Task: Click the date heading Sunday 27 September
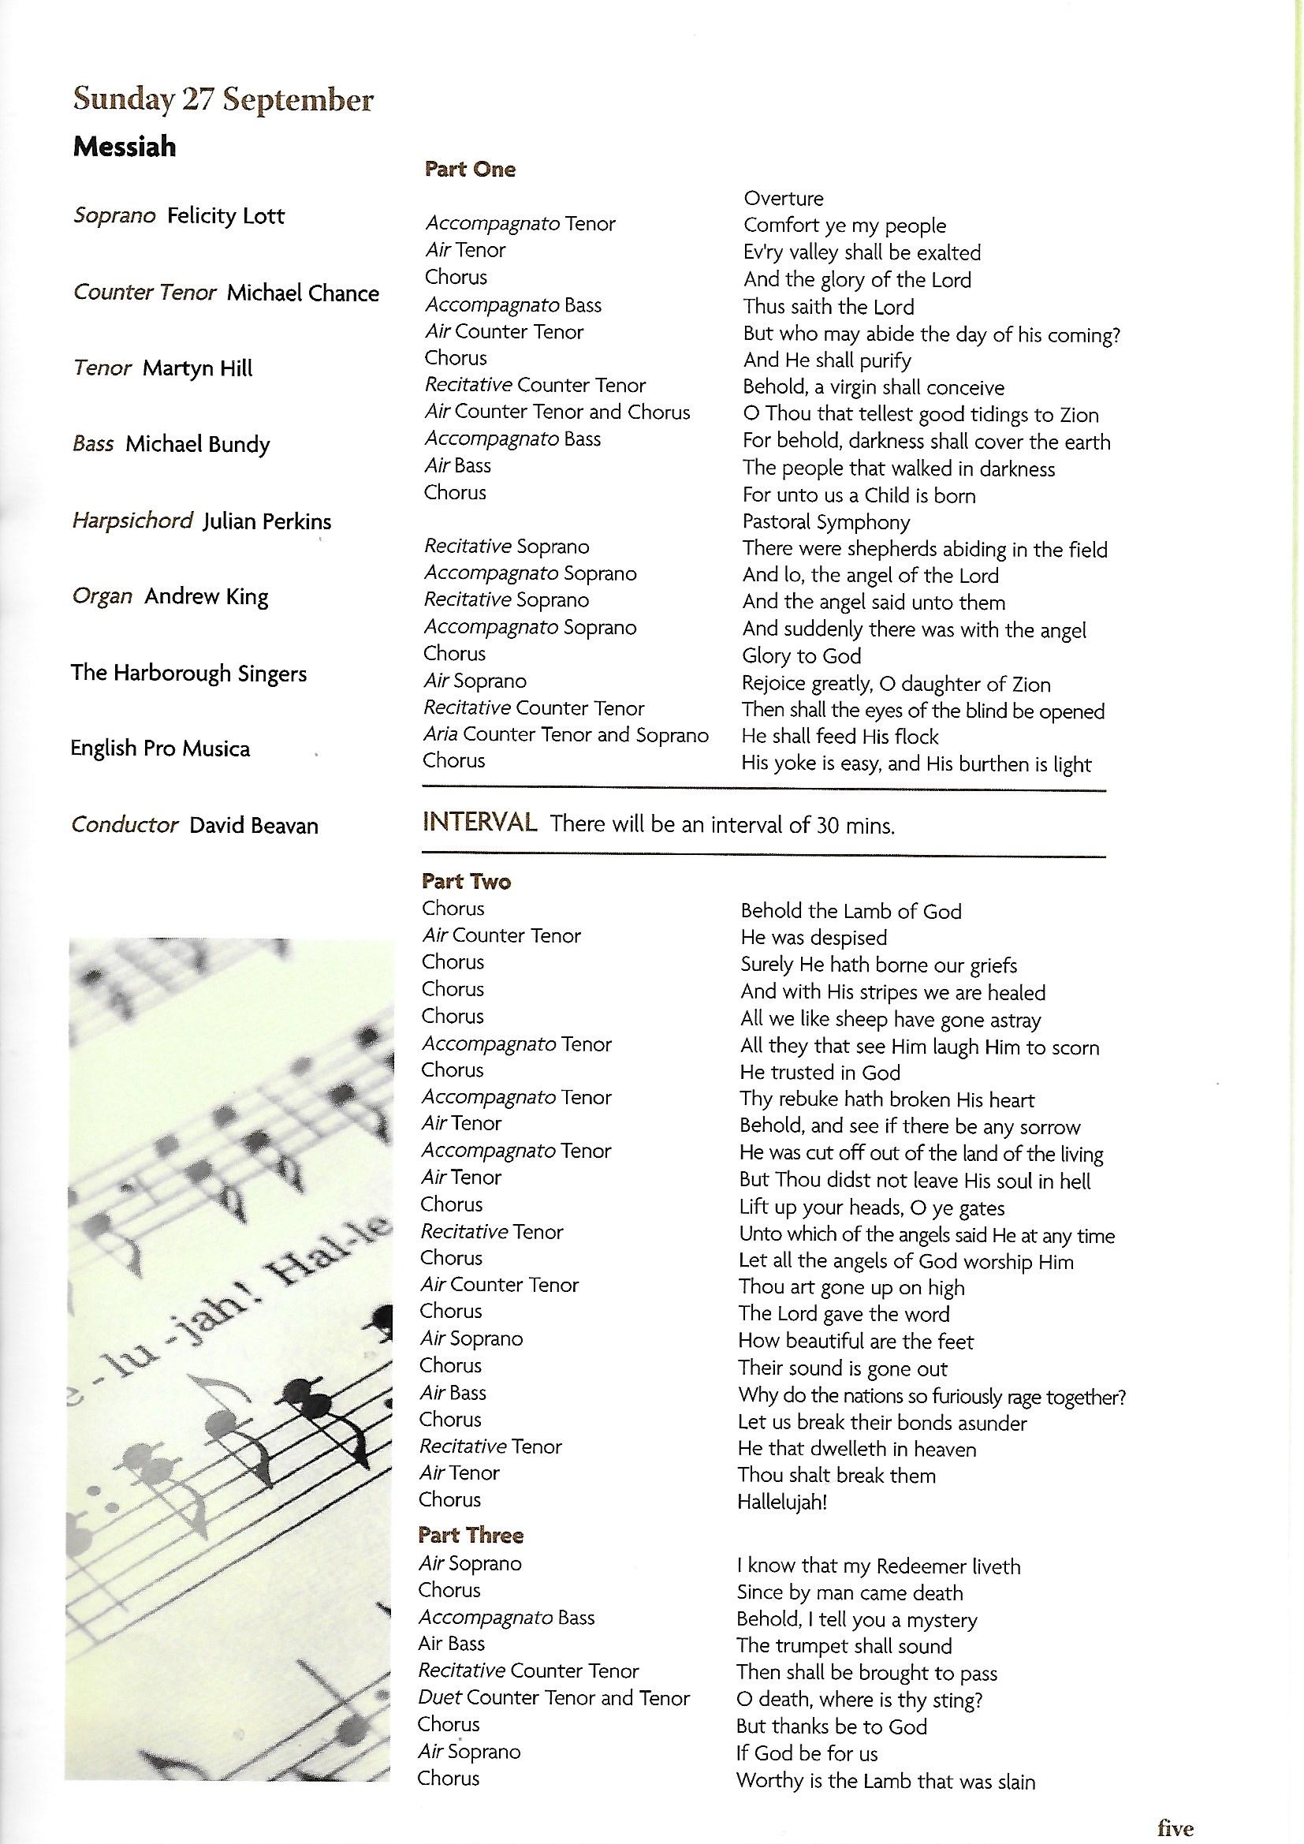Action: click(223, 100)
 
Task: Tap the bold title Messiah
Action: click(125, 147)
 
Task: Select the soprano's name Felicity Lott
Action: click(225, 216)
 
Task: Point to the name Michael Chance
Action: click(303, 293)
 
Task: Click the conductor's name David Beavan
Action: click(254, 826)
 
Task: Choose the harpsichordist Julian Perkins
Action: click(266, 522)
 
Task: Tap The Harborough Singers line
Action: click(188, 673)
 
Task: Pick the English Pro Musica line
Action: click(161, 748)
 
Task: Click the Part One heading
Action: click(470, 170)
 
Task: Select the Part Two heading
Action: click(466, 882)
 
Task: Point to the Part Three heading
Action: click(471, 1536)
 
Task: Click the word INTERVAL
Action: click(479, 823)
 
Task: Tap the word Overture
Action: click(783, 199)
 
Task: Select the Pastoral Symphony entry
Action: click(826, 522)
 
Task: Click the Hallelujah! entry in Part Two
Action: click(782, 1502)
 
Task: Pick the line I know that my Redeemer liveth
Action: click(878, 1566)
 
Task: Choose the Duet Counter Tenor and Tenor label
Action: click(554, 1699)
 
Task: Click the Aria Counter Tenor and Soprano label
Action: click(566, 735)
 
